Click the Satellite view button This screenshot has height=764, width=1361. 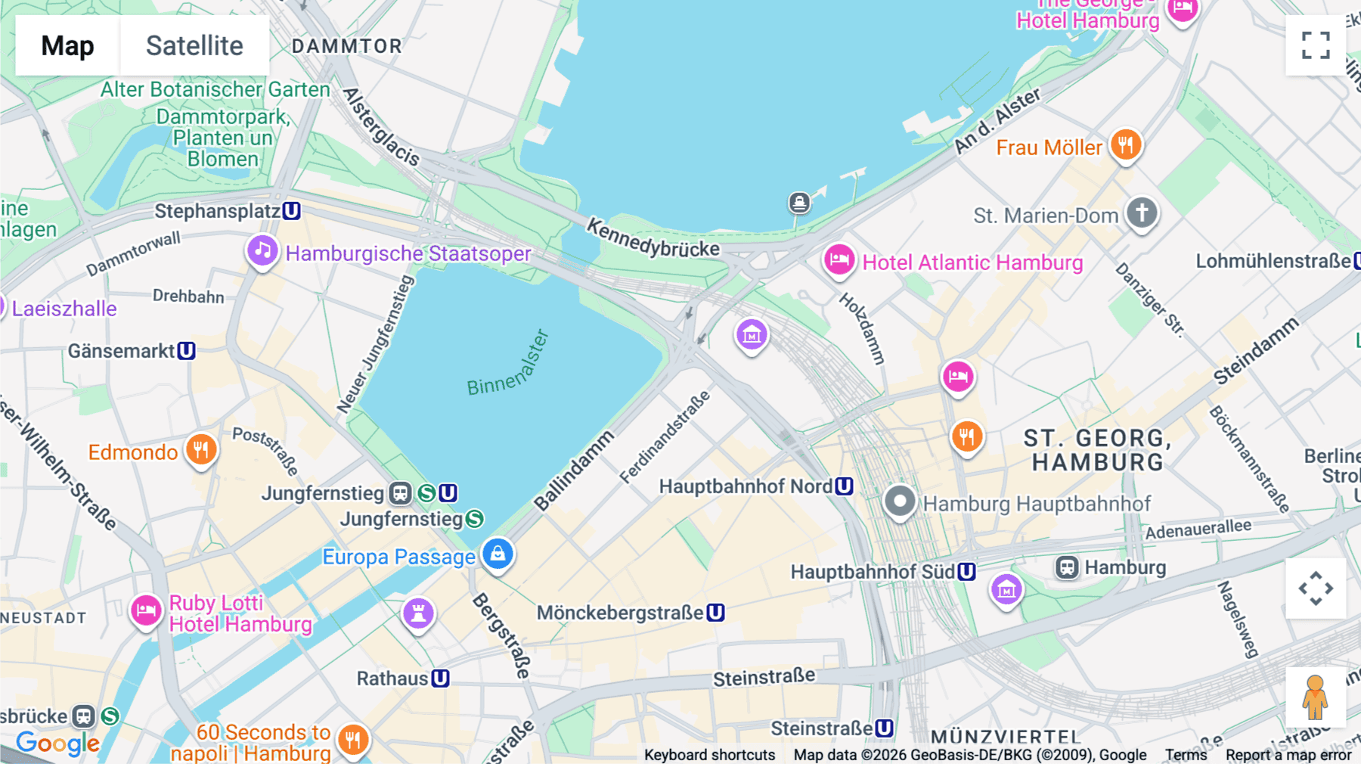click(x=194, y=45)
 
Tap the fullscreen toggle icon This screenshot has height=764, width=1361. click(x=1316, y=45)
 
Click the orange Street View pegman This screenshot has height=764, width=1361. click(x=1315, y=697)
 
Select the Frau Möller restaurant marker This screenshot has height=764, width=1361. click(x=1125, y=144)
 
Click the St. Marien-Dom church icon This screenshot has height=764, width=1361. click(x=1142, y=213)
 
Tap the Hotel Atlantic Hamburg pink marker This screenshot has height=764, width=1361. click(x=839, y=260)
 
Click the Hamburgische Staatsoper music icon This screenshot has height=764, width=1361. click(x=262, y=250)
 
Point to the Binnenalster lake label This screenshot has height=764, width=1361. click(x=508, y=365)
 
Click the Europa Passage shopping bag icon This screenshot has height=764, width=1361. click(x=498, y=554)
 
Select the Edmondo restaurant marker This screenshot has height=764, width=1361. click(x=200, y=449)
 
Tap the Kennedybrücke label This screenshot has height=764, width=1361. click(x=653, y=238)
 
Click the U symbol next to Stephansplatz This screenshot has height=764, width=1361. click(x=292, y=211)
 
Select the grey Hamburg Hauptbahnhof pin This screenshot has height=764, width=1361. click(x=900, y=501)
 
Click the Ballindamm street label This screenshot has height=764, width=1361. click(x=574, y=471)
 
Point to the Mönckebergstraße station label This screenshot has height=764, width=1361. click(x=620, y=613)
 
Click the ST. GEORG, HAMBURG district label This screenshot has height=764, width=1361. click(x=1097, y=449)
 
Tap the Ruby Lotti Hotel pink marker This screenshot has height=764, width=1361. click(x=146, y=610)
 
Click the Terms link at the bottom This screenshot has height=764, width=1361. click(x=1186, y=755)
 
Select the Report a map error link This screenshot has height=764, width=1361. click(x=1288, y=755)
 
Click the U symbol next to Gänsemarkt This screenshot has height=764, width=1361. click(x=187, y=351)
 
